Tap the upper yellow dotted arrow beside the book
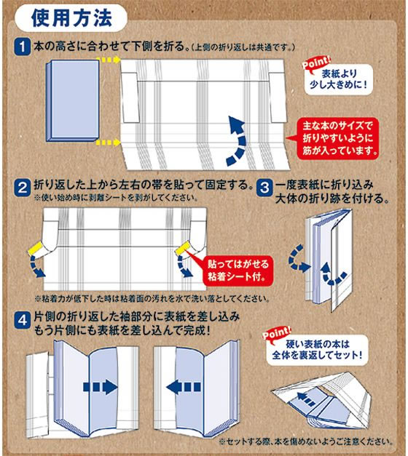point(109,63)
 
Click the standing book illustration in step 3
point(328,258)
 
